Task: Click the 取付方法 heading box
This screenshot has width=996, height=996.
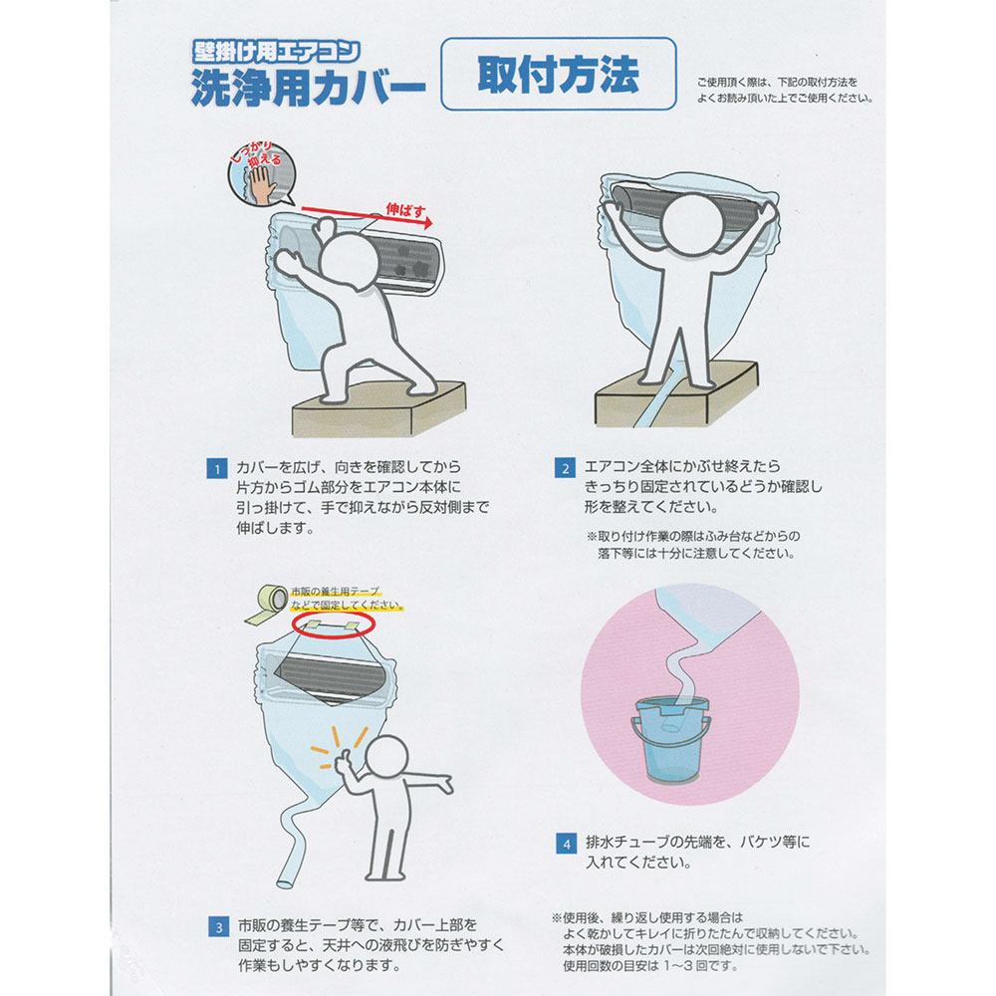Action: click(x=559, y=74)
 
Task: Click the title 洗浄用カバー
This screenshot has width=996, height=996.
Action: click(x=308, y=86)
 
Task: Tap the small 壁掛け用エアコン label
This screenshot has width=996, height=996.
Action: click(x=276, y=51)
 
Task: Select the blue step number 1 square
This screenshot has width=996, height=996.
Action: click(x=216, y=469)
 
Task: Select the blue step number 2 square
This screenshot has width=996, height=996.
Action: click(x=565, y=468)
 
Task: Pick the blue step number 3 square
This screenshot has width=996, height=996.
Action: click(x=218, y=926)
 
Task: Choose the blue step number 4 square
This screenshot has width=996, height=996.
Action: click(x=566, y=844)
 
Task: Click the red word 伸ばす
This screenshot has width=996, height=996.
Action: click(x=406, y=209)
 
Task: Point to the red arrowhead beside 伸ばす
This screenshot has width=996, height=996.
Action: click(x=427, y=222)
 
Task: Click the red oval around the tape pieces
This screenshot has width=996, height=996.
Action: click(x=333, y=623)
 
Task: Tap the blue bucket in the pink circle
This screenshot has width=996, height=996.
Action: click(x=671, y=740)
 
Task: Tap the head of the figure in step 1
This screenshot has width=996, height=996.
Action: click(x=350, y=262)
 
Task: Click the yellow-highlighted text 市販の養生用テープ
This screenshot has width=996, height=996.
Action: click(x=335, y=592)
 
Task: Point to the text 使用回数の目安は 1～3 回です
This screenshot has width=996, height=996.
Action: click(x=650, y=966)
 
